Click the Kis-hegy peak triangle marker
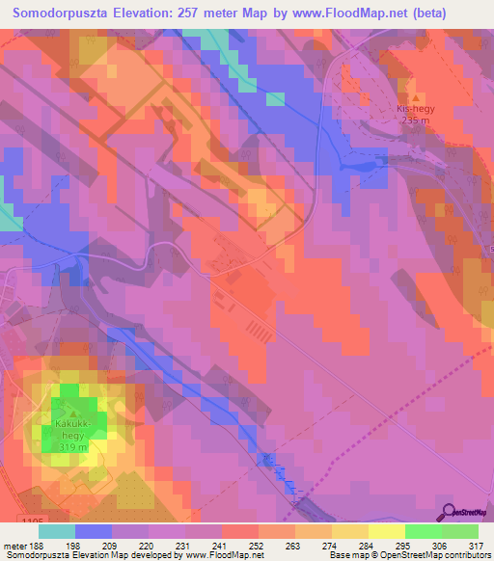(x=416, y=98)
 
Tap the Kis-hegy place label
(x=416, y=110)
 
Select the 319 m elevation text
(x=73, y=446)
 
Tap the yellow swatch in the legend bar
(x=385, y=531)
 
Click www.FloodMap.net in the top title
(x=365, y=13)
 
